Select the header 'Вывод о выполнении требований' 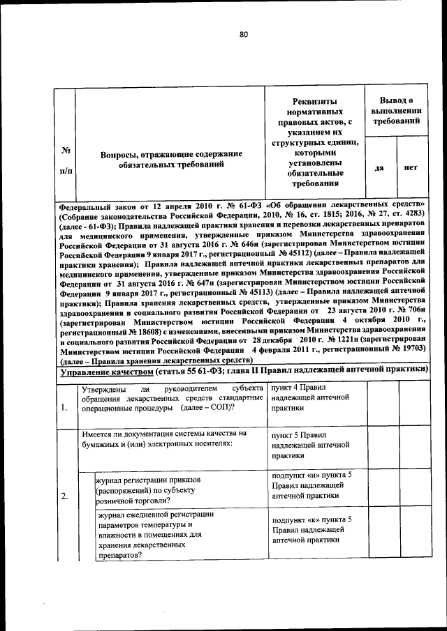[x=395, y=111]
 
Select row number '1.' [x=64, y=407]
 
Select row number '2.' [x=64, y=496]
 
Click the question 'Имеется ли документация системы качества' [x=164, y=439]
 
